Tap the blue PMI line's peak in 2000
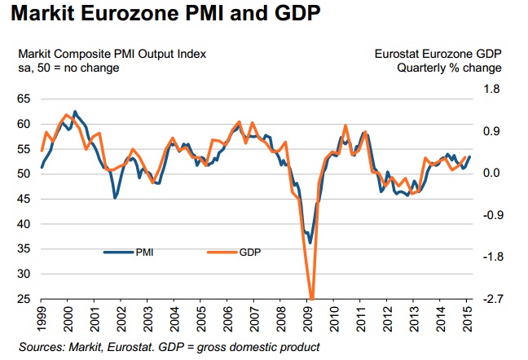click(x=75, y=112)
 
